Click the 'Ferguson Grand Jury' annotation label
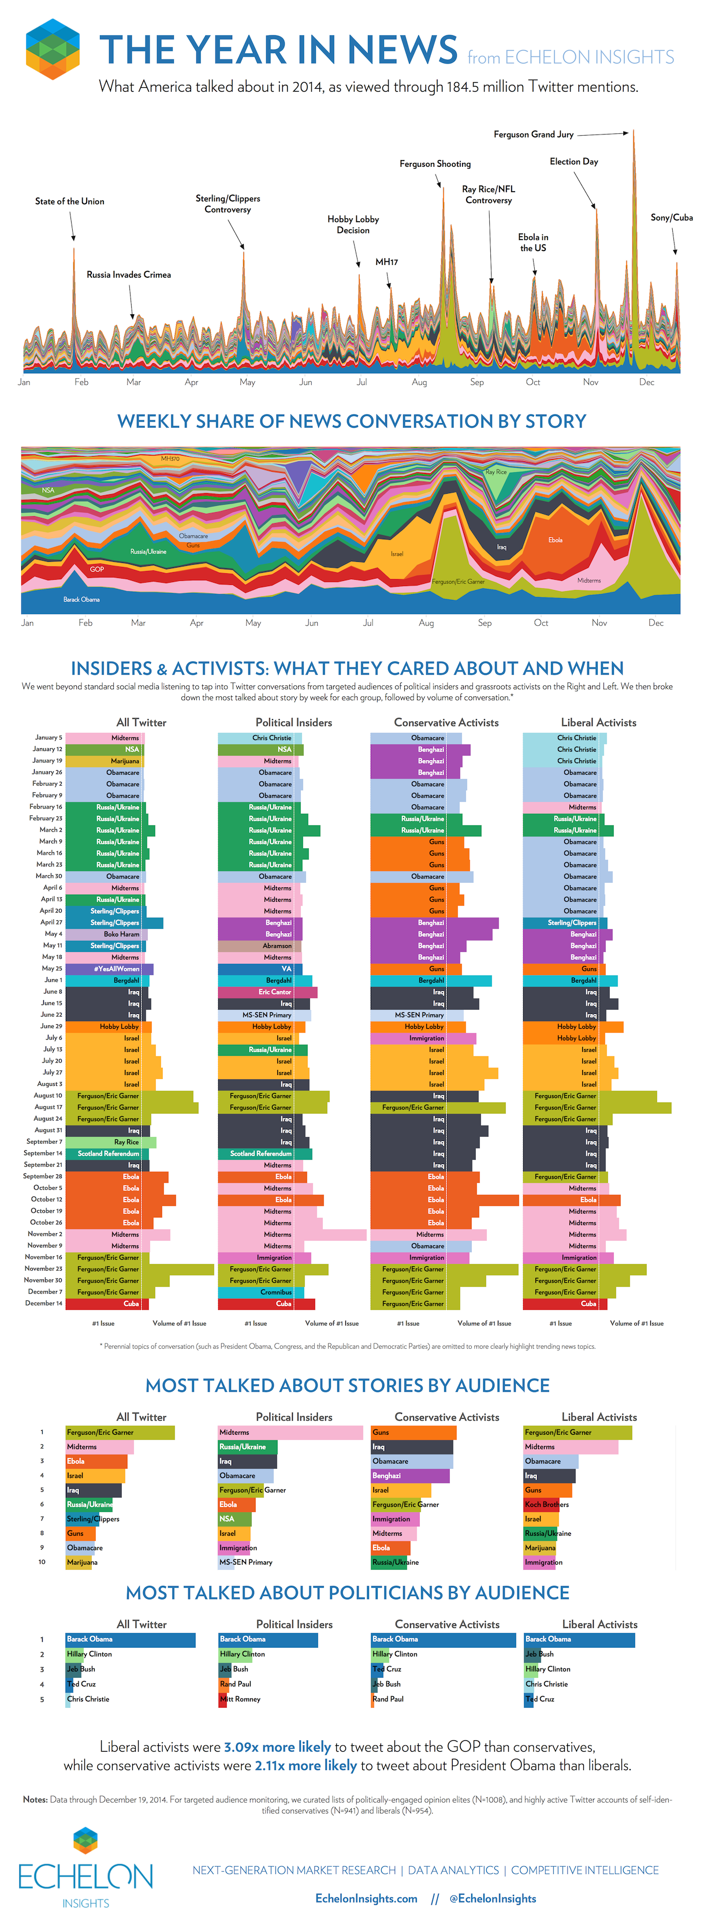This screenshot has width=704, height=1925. pos(533,135)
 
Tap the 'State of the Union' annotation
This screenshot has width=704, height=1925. pos(69,202)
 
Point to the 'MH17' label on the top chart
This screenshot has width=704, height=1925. pos(386,262)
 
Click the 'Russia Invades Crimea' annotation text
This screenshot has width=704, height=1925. pos(129,275)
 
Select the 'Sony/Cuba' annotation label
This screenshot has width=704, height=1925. pos(671,218)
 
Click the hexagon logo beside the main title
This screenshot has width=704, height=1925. pos(53,49)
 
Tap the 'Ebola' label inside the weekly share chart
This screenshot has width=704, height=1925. pos(555,539)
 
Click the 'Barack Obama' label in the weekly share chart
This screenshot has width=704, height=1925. pos(81,599)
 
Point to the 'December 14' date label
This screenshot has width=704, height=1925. pos(44,1303)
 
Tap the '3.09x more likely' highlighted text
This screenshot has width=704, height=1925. pos(277,1747)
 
